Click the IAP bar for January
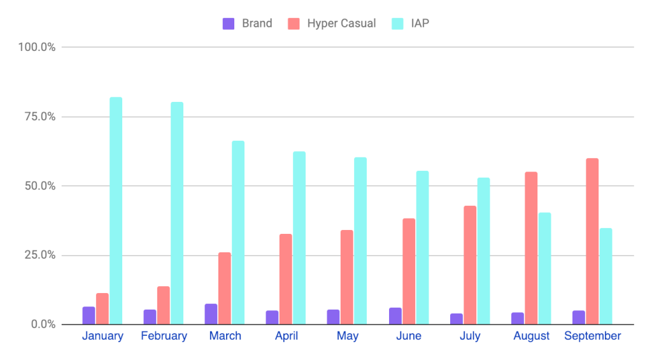pyautogui.click(x=116, y=211)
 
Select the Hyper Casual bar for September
pyautogui.click(x=592, y=241)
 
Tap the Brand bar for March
pyautogui.click(x=211, y=314)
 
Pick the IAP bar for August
pyautogui.click(x=544, y=268)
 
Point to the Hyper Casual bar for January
pyautogui.click(x=102, y=308)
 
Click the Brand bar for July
pyautogui.click(x=457, y=319)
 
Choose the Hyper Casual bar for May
pyautogui.click(x=346, y=277)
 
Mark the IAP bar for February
pyautogui.click(x=177, y=213)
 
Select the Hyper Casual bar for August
pyautogui.click(x=531, y=248)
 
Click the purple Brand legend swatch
pyautogui.click(x=229, y=24)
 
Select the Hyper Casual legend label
pyautogui.click(x=341, y=24)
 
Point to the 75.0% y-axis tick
pyautogui.click(x=36, y=117)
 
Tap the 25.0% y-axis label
pyautogui.click(x=36, y=256)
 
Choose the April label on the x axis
pyautogui.click(x=286, y=336)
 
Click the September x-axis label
pyautogui.click(x=592, y=336)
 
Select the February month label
pyautogui.click(x=164, y=336)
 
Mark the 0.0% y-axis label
pyautogui.click(x=39, y=325)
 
